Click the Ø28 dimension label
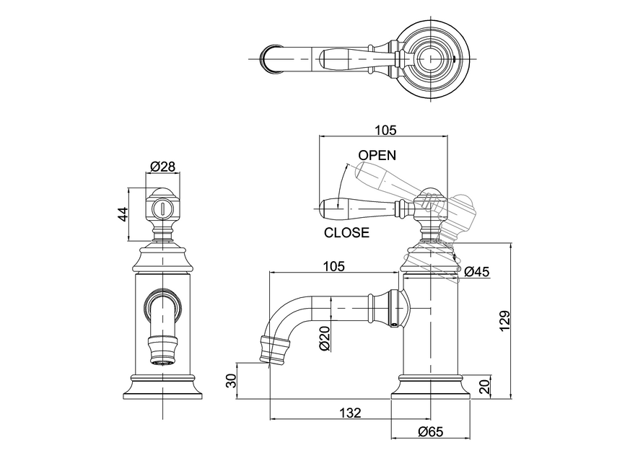pos(162,167)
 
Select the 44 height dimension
pos(123,214)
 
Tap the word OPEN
pos(377,155)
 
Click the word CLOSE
pos(346,233)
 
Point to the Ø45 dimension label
pos(477,272)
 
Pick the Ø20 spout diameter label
pos(324,338)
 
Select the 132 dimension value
pos(350,413)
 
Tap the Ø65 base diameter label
pos(431,431)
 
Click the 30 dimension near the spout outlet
pos(232,380)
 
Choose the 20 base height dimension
pos(484,386)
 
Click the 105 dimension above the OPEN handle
pos(386,130)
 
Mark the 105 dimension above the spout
pos(333,265)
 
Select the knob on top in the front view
pos(162,207)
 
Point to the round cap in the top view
pos(431,54)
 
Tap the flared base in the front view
pos(162,387)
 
